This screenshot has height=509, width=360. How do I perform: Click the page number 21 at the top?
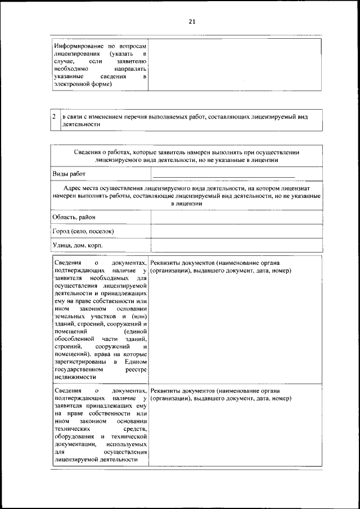[192, 21]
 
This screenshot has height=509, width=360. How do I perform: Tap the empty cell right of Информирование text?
[235, 64]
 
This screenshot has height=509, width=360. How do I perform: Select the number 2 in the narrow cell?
[53, 116]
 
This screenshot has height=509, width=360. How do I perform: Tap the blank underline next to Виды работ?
[219, 176]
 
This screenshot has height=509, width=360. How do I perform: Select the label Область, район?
[74, 217]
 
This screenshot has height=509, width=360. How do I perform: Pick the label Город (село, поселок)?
[83, 231]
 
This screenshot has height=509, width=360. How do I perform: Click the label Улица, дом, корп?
[78, 246]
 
